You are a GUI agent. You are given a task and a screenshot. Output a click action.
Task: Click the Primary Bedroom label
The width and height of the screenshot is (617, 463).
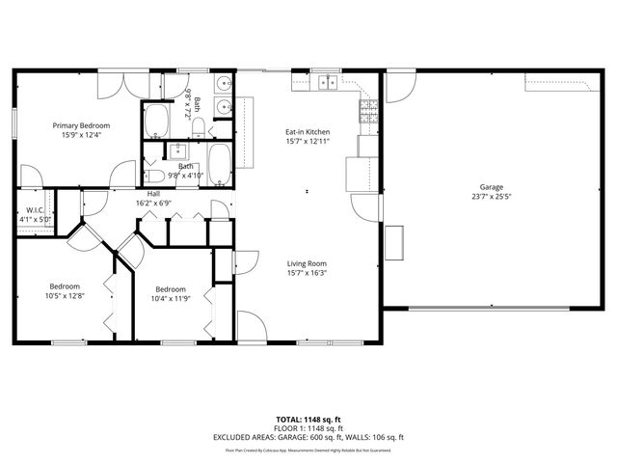(81, 125)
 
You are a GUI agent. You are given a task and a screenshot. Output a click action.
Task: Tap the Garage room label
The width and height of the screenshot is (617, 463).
(492, 187)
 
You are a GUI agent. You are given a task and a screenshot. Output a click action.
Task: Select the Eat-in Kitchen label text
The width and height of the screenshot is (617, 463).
(308, 131)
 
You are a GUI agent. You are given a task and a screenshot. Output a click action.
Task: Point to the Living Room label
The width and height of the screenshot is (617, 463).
(308, 263)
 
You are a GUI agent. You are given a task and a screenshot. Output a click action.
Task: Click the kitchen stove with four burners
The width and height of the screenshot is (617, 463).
(367, 114)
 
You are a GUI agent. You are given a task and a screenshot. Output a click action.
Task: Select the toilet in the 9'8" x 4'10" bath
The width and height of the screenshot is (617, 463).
(154, 176)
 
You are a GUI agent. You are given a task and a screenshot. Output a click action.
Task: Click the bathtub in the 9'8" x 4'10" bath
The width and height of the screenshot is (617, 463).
(220, 165)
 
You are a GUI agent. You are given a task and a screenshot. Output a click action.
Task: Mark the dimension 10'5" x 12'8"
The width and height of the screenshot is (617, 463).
(66, 296)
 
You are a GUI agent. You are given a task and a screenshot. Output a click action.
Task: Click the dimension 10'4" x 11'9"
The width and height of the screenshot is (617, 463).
(171, 299)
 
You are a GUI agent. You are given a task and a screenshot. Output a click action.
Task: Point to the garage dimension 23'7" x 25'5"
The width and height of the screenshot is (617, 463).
(492, 197)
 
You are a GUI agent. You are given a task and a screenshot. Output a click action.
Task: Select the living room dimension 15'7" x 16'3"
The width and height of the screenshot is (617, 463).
(308, 273)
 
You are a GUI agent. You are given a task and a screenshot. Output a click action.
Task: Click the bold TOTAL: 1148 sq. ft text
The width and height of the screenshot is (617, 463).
(308, 420)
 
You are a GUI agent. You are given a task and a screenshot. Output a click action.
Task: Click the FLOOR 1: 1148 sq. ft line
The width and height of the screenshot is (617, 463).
(308, 428)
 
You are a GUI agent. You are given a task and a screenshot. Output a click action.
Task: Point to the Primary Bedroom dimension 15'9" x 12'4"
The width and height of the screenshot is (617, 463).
(81, 135)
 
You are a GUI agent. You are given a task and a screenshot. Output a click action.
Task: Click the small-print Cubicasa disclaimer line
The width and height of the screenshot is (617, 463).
(308, 449)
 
